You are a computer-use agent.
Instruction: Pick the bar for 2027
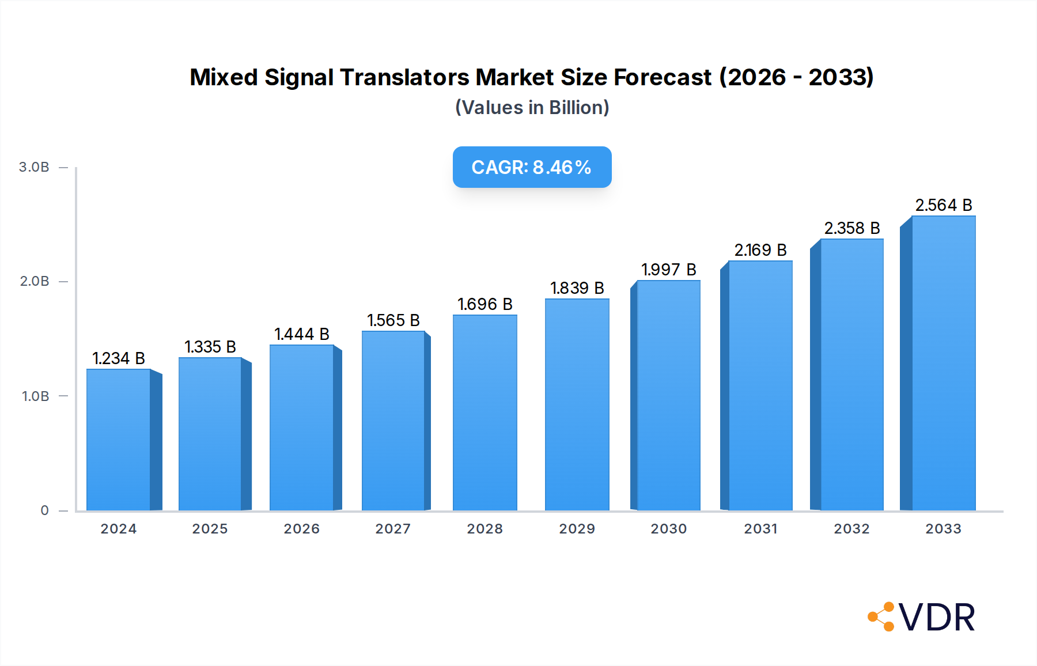393,421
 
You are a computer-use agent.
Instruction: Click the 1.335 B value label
210,347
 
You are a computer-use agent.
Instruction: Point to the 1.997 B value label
668,270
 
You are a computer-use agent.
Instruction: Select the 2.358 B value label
851,228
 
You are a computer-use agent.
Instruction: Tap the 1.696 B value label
485,304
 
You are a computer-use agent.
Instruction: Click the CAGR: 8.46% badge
532,167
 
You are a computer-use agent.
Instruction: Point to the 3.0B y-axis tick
34,167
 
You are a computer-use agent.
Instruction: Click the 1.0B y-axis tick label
35,396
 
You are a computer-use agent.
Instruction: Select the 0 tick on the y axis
44,510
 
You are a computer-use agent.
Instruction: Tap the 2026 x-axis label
301,529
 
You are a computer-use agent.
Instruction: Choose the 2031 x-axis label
760,529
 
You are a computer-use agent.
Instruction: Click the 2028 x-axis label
485,529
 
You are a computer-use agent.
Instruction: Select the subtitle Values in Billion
532,108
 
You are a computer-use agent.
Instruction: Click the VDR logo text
937,618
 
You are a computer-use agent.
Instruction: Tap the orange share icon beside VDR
881,617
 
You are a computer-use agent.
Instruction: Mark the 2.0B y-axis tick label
35,281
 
